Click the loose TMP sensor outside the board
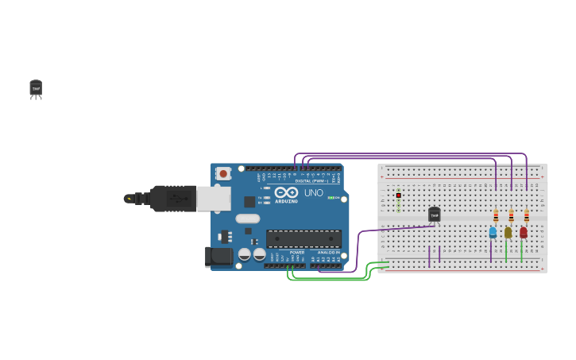point(36,88)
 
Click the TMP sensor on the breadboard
point(434,215)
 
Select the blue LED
point(493,232)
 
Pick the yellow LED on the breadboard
point(508,232)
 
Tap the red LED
point(523,232)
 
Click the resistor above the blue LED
point(496,215)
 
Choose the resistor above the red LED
point(526,215)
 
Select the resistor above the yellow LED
point(511,215)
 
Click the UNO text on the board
point(313,192)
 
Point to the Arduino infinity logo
point(286,192)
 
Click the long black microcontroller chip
point(303,238)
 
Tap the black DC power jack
point(219,256)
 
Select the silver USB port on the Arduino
point(214,199)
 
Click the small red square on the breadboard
point(399,195)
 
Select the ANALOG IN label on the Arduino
point(328,252)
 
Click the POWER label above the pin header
point(296,252)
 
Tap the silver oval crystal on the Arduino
point(247,219)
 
